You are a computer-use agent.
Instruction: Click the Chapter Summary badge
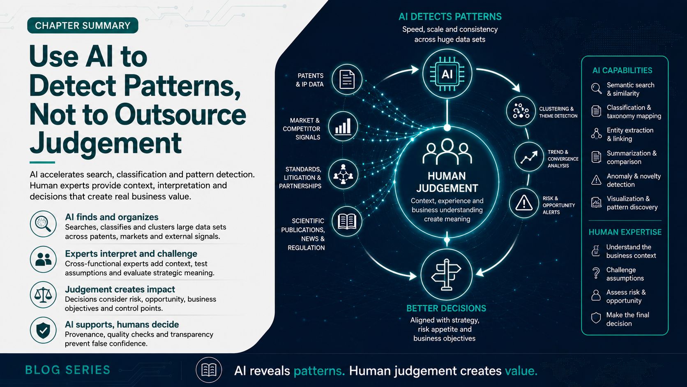coord(83,25)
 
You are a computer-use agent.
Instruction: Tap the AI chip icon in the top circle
coord(447,74)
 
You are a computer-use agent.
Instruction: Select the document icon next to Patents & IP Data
coord(347,79)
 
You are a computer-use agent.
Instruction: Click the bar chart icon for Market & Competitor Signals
coord(343,126)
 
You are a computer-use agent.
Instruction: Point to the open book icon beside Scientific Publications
coord(347,221)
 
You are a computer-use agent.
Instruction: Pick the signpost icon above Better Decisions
coord(446,274)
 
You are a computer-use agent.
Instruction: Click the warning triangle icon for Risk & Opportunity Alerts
coord(524,203)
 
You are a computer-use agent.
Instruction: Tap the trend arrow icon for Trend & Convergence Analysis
coord(529,157)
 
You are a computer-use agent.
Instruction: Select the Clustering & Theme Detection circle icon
coord(521,111)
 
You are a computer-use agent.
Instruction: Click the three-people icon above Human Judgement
coord(447,152)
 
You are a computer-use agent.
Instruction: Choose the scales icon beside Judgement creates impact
coord(43,294)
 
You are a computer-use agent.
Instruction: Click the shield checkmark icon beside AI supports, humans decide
coord(43,330)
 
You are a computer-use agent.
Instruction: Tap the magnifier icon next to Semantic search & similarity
coord(596,89)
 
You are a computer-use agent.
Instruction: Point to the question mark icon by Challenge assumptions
coord(596,273)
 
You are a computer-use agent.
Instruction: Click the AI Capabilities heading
coord(622,70)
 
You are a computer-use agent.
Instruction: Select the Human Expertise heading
coord(625,232)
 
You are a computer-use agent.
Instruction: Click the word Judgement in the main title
coord(106,144)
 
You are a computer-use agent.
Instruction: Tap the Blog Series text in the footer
coord(67,370)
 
